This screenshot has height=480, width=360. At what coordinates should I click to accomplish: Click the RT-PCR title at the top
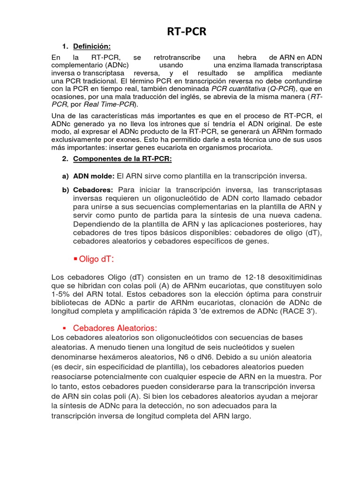click(187, 32)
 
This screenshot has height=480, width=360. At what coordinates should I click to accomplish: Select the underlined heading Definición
click(92, 46)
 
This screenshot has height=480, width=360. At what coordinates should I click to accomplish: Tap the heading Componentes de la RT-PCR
click(122, 159)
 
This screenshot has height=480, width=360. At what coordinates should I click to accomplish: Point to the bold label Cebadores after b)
click(93, 190)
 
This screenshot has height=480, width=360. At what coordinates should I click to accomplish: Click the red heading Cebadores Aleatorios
click(115, 328)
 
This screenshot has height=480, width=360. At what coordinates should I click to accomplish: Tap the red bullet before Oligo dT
click(75, 259)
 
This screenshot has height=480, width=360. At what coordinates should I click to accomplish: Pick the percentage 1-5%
click(61, 294)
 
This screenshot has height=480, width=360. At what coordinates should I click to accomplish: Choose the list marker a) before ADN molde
click(65, 176)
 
